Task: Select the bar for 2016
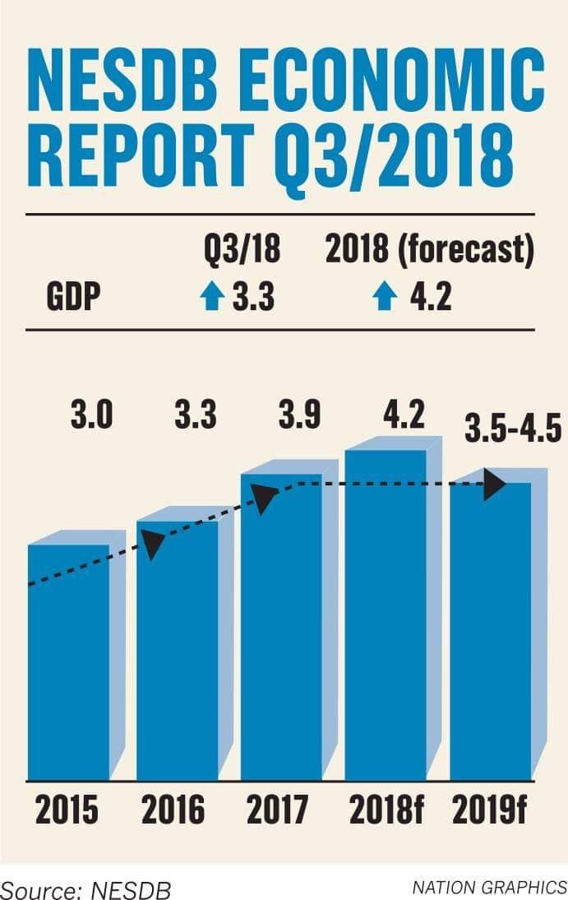pyautogui.click(x=177, y=650)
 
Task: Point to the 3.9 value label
pyautogui.click(x=300, y=415)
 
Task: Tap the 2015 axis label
pyautogui.click(x=67, y=810)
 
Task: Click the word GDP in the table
pyautogui.click(x=73, y=298)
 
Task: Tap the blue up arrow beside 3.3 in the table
pyautogui.click(x=212, y=298)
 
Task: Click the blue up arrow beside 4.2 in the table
pyautogui.click(x=385, y=298)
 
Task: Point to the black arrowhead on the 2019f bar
pyautogui.click(x=494, y=484)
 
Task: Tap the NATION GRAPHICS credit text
pyautogui.click(x=489, y=888)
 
